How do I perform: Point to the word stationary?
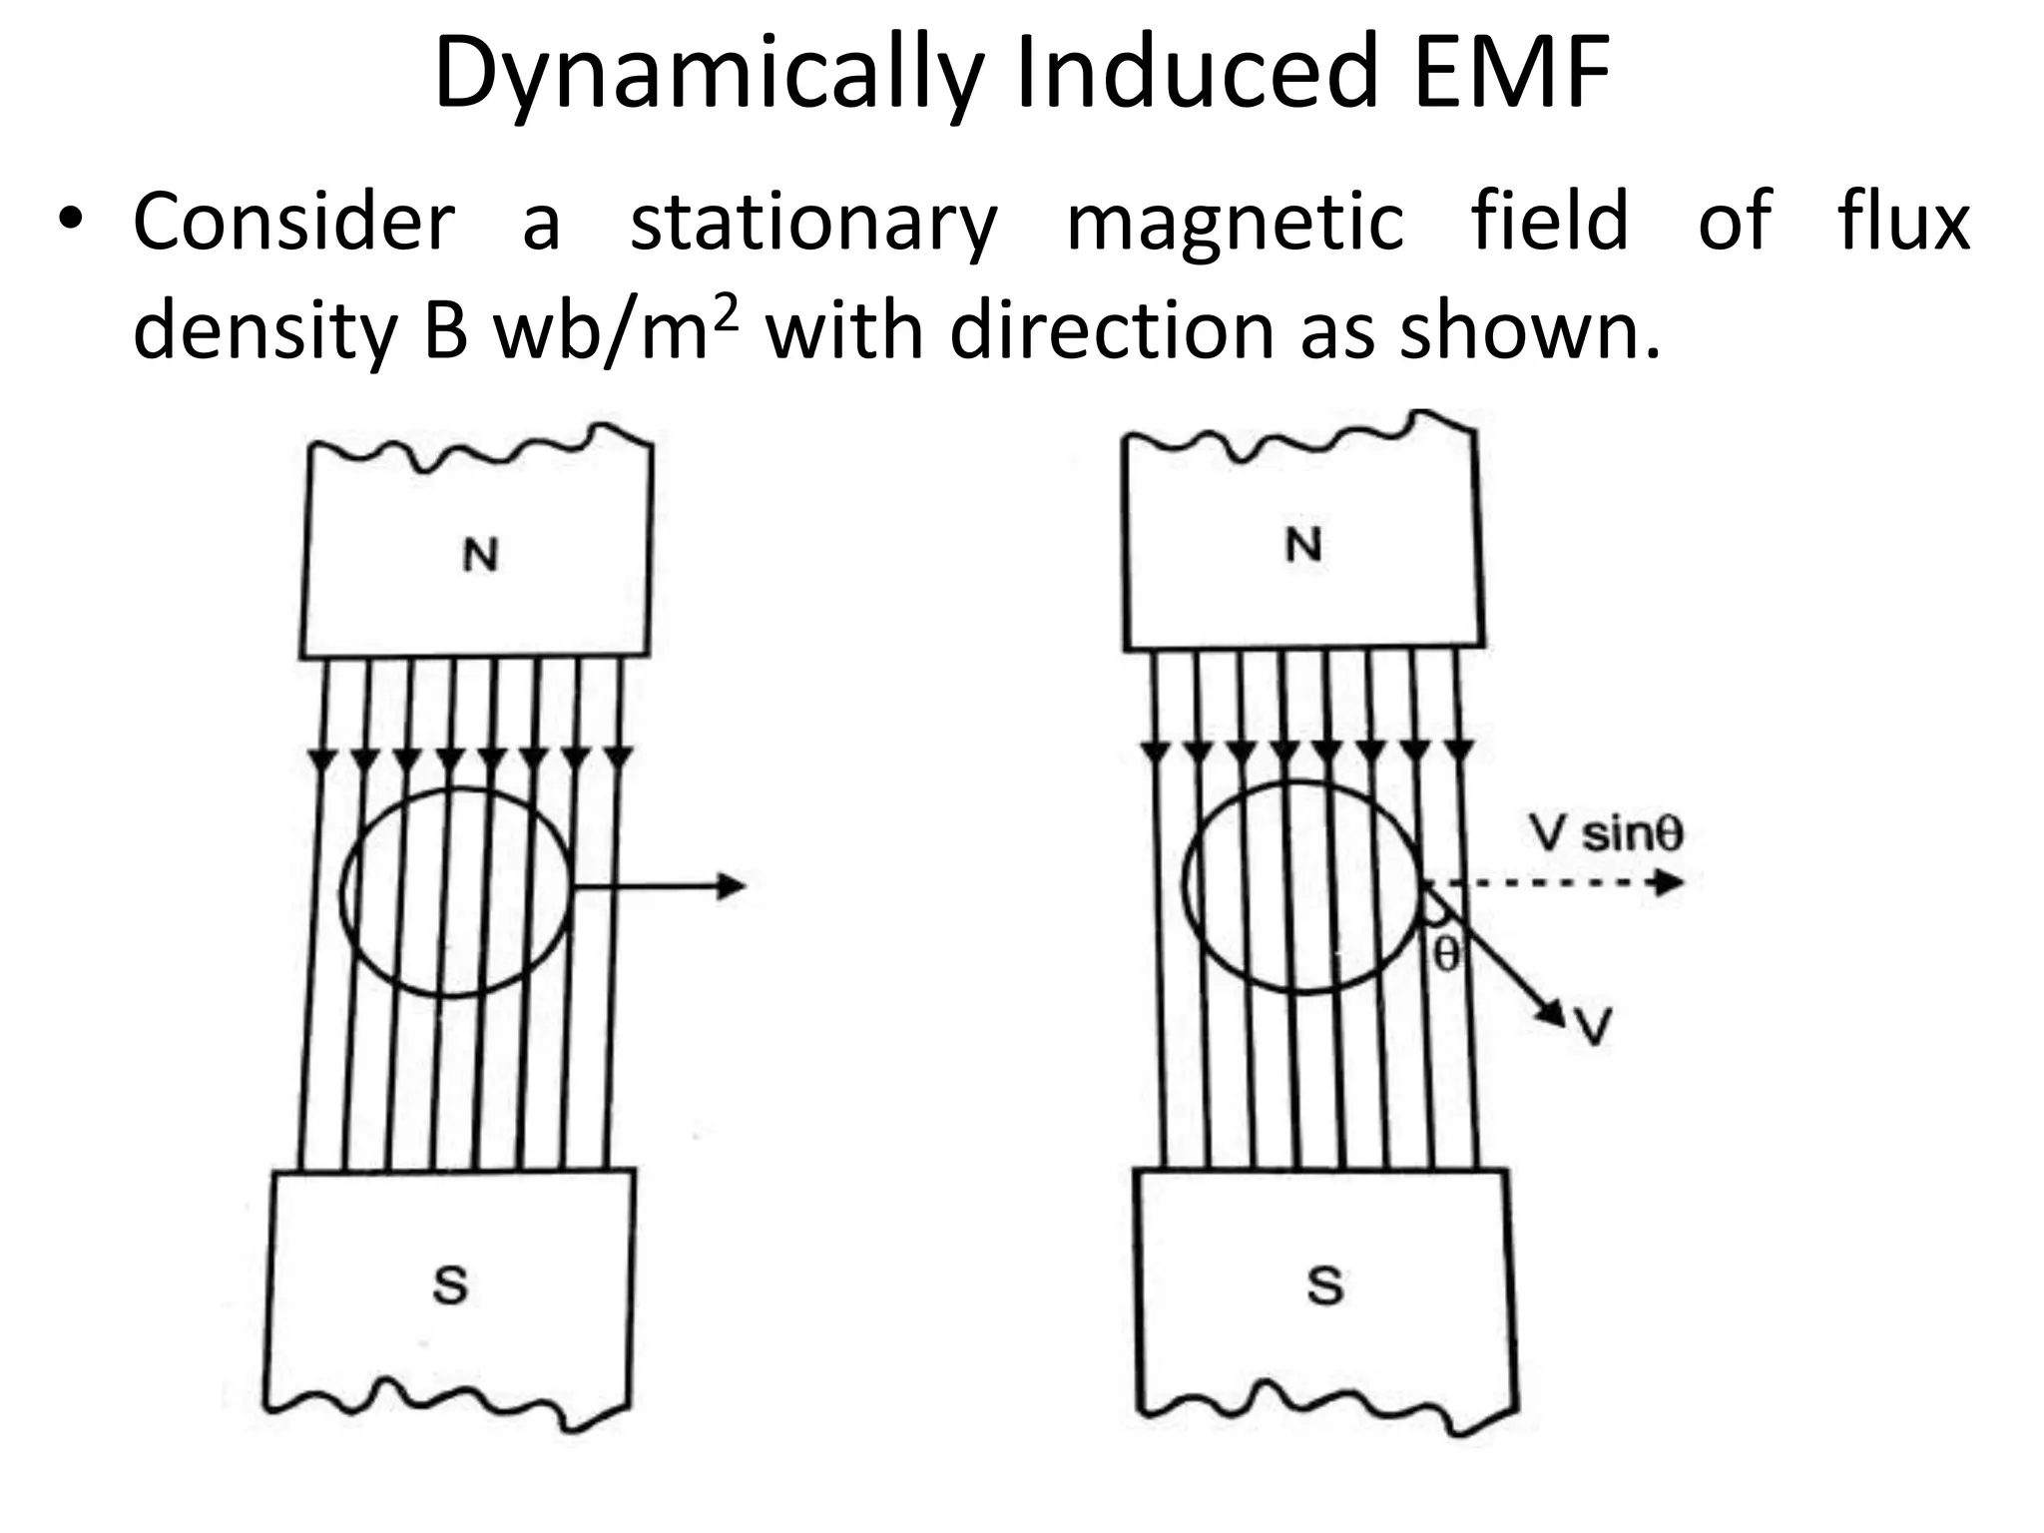point(813,226)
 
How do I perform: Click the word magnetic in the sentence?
point(1235,226)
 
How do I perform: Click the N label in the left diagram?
point(480,555)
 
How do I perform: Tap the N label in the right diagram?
point(1303,546)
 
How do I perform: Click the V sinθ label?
point(1606,833)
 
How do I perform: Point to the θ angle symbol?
point(1446,954)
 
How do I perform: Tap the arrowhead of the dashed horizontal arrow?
point(1670,882)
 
